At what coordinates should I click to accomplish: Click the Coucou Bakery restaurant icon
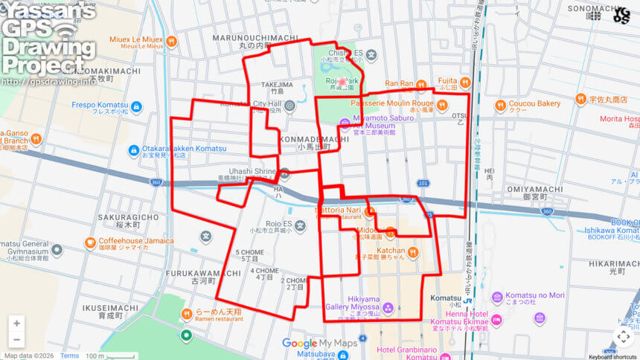click(502, 104)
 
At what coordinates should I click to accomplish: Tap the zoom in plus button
click(16, 324)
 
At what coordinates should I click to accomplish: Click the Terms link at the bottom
click(69, 356)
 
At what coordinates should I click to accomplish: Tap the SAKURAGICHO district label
click(128, 217)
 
